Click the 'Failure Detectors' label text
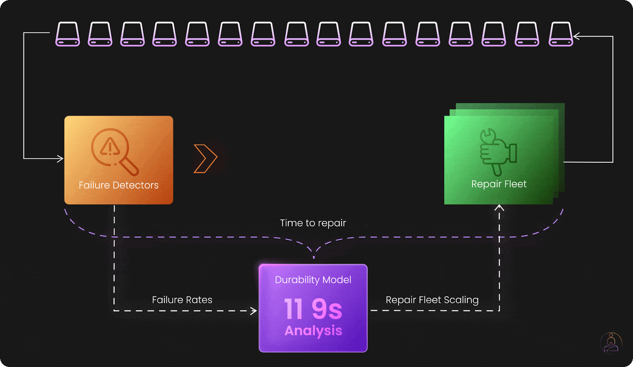118,185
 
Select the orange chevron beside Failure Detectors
205,159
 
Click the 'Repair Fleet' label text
498,184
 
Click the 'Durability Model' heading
313,280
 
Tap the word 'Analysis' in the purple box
313,331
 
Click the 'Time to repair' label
313,223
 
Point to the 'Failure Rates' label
182,300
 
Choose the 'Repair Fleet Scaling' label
432,300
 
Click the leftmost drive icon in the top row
68,34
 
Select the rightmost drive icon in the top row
561,34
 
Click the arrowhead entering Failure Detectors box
60,159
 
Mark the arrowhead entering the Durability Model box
254,311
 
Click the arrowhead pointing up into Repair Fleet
499,207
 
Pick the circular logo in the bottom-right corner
611,343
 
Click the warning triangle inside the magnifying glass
110,147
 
